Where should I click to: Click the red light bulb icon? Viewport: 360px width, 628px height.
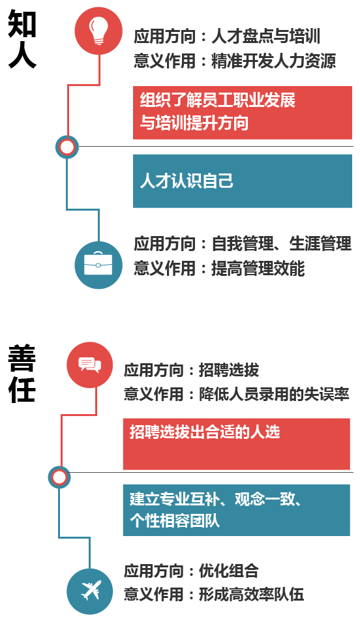coord(98,31)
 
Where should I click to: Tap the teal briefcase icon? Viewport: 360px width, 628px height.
coord(98,265)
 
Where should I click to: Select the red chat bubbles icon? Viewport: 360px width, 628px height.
coord(90,365)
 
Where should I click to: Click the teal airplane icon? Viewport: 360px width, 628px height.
coord(90,591)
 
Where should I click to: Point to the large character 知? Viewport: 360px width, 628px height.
coord(22,23)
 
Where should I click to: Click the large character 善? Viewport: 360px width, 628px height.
coord(22,357)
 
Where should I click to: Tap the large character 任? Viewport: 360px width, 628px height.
coord(22,389)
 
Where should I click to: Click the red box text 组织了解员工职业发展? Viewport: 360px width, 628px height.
coord(218,100)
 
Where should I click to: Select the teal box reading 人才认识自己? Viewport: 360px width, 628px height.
coord(243,181)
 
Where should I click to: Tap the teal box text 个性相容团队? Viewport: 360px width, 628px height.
coord(175,520)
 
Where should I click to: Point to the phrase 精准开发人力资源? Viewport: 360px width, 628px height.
coord(273,61)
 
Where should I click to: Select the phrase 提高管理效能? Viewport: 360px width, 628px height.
coord(258,268)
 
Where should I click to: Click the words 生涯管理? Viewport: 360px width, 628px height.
coord(320,244)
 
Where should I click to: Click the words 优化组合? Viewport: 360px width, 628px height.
coord(229,571)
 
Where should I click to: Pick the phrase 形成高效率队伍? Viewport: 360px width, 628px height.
coord(252,594)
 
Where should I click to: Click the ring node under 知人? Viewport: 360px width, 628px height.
coord(67,147)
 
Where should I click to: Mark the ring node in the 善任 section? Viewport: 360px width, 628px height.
coord(59,477)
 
